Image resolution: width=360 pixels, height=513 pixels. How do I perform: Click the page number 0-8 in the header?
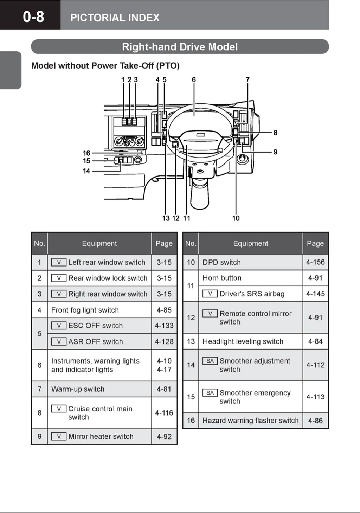tap(33, 17)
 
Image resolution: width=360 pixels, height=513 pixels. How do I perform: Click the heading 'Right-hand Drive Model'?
tap(180, 47)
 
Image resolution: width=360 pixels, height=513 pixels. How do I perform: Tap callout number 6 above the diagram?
tap(194, 80)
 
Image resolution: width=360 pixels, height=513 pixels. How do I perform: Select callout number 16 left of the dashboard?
tap(86, 153)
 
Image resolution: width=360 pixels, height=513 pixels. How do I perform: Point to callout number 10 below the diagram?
tap(236, 218)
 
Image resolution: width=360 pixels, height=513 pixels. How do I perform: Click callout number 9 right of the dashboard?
tap(275, 152)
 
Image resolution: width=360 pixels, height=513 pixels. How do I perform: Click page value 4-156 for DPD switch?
tap(315, 262)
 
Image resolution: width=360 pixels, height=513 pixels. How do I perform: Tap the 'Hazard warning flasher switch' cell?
tap(250, 421)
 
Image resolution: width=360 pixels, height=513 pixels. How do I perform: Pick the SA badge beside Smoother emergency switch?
tap(210, 393)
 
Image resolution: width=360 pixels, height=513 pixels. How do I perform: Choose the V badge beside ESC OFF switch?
tap(59, 326)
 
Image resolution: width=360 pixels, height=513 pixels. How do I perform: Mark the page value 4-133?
tap(164, 326)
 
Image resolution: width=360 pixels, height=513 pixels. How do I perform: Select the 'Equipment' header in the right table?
tap(250, 243)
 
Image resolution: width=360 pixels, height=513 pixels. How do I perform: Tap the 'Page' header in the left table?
tap(164, 243)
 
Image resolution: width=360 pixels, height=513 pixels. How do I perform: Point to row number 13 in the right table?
tap(191, 341)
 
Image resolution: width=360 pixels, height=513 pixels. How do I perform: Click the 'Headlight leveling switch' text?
tap(243, 341)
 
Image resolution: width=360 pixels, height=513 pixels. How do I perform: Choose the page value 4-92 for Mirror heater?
tap(164, 437)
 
